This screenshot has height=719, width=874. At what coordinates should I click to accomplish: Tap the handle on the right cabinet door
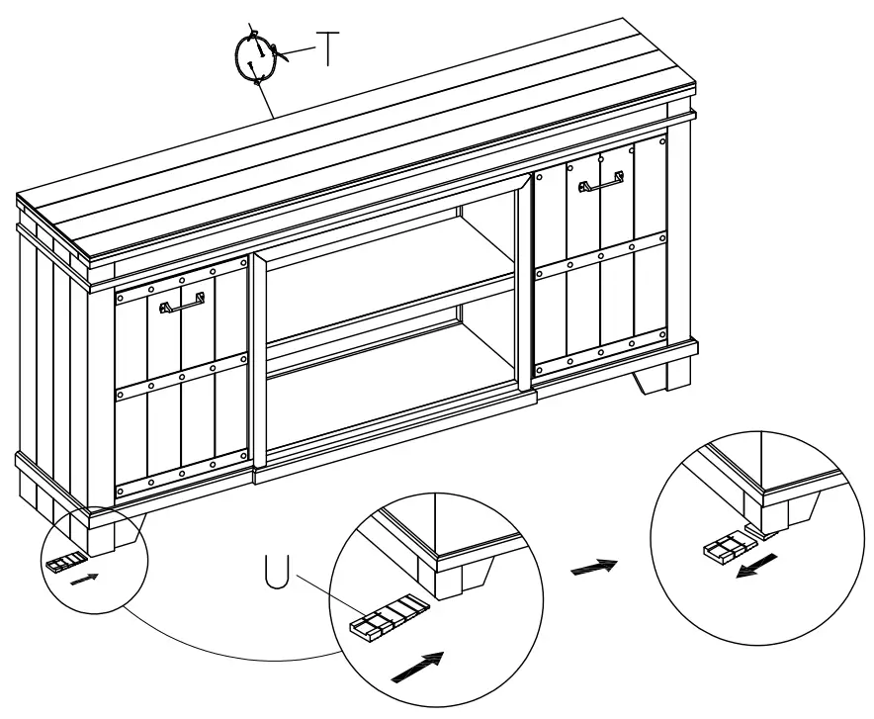(600, 184)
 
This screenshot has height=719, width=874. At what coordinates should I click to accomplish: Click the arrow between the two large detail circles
(594, 567)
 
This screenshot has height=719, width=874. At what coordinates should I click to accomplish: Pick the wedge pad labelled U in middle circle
(388, 618)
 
